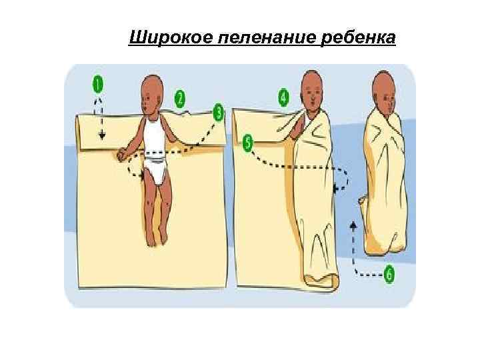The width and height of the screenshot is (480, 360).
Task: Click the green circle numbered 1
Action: click(98, 85)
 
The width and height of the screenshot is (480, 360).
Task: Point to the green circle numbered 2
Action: click(179, 99)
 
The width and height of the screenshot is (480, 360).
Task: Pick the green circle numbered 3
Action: click(218, 112)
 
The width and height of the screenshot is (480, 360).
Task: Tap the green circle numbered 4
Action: click(284, 98)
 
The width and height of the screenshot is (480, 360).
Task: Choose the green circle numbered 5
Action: click(248, 143)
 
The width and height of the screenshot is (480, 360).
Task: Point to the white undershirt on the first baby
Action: click(154, 137)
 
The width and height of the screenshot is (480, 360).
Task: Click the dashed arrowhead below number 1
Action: click(102, 136)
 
